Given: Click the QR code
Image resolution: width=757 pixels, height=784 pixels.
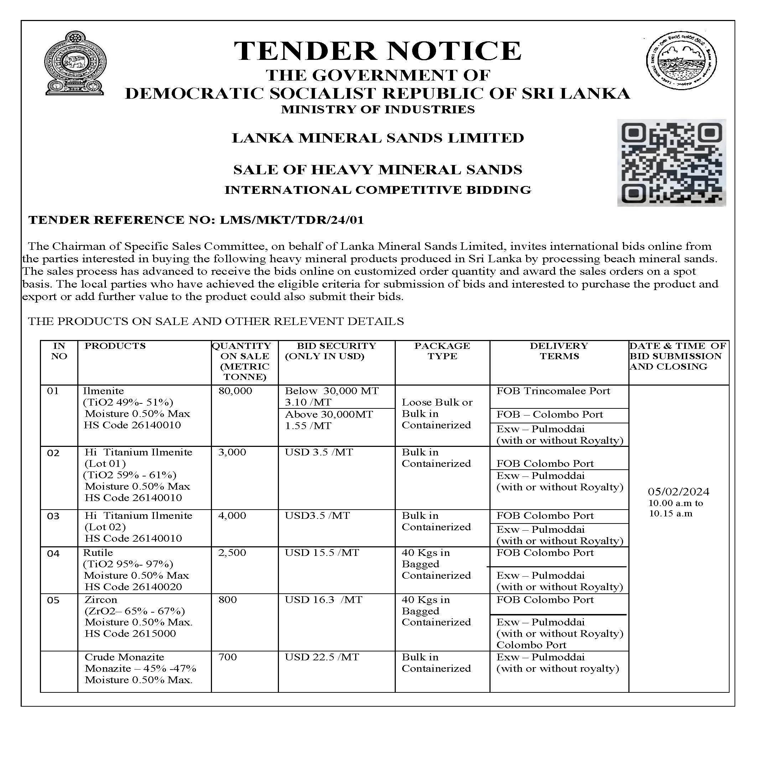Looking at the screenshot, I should pyautogui.click(x=671, y=163).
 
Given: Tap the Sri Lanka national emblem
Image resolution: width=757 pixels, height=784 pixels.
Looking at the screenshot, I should pyautogui.click(x=75, y=63).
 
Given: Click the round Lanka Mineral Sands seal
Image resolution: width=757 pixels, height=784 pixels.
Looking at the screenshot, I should pyautogui.click(x=681, y=60).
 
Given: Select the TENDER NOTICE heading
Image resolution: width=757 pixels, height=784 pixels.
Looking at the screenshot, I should pyautogui.click(x=378, y=51).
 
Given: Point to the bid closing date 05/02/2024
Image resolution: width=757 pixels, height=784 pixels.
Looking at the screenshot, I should pyautogui.click(x=678, y=491).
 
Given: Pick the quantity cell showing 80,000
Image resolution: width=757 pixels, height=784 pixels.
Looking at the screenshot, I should pyautogui.click(x=235, y=391).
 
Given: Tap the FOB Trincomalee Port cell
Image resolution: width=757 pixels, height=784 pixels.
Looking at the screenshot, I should pyautogui.click(x=553, y=391).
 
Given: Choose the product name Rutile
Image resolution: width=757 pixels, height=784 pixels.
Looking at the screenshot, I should pyautogui.click(x=98, y=552).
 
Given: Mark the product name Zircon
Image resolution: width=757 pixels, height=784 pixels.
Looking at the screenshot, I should pyautogui.click(x=101, y=600).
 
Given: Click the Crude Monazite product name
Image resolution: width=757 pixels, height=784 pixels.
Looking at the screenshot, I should pyautogui.click(x=124, y=657).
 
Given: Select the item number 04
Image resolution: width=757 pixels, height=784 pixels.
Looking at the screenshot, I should pyautogui.click(x=53, y=553).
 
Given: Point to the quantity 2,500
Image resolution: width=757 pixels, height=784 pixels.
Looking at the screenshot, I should pyautogui.click(x=232, y=552).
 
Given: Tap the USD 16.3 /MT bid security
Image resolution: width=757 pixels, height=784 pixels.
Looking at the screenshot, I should pyautogui.click(x=323, y=600).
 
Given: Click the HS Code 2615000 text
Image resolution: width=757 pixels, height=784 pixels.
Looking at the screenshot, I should pyautogui.click(x=130, y=633).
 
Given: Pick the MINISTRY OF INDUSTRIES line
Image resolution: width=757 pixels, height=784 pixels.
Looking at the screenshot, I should pyautogui.click(x=378, y=109).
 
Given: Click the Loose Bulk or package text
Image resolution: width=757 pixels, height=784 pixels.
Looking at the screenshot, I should pyautogui.click(x=437, y=402).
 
